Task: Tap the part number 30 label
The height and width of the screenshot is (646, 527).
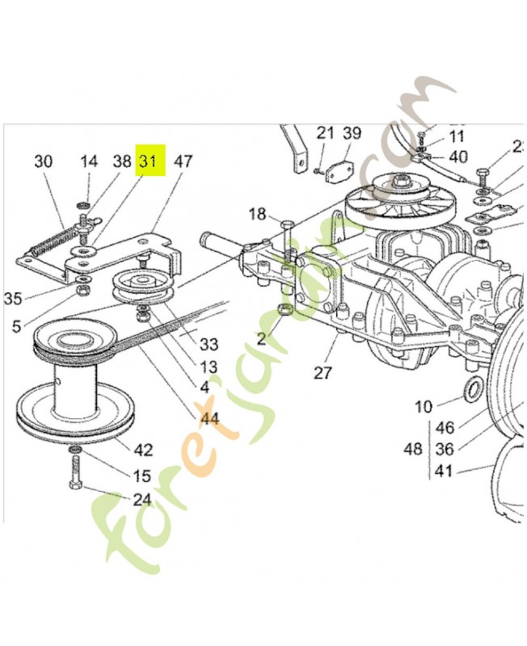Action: coord(43,161)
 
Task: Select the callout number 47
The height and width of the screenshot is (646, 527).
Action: coord(183,161)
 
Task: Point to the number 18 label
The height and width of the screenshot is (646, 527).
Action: coord(257,214)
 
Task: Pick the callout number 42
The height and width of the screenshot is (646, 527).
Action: coord(142,450)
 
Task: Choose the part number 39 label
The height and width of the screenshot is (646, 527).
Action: coord(352,133)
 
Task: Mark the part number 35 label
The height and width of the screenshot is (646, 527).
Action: coord(12,299)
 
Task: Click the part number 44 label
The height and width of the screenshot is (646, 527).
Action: coord(210,417)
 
